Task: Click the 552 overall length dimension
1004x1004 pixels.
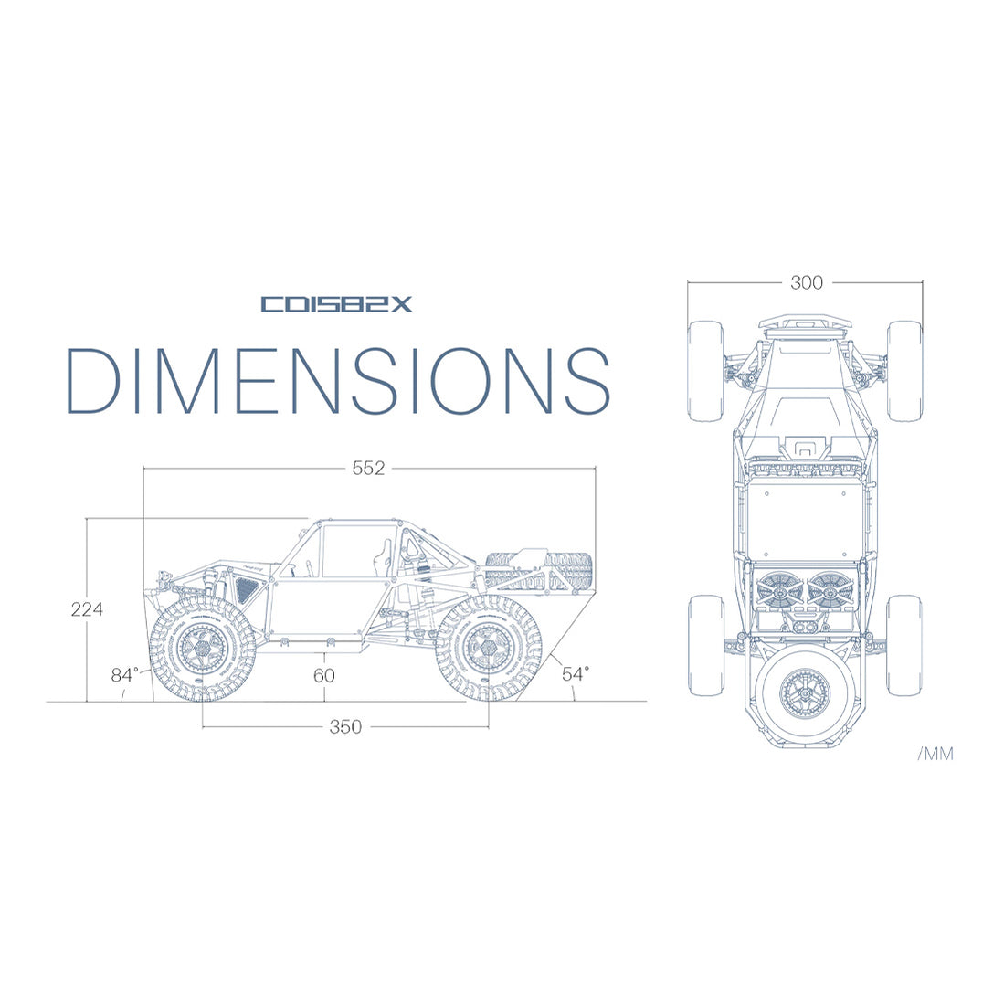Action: (x=368, y=469)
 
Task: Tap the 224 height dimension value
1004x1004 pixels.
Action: (x=87, y=608)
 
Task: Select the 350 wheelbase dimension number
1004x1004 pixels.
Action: (x=345, y=727)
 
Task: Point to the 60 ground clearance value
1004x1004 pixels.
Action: (x=323, y=675)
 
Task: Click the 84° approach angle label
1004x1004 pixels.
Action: (x=125, y=675)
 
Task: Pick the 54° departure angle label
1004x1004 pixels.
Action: (x=575, y=674)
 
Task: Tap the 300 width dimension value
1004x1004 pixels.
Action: (x=806, y=283)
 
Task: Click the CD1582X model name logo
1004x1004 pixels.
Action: (x=336, y=304)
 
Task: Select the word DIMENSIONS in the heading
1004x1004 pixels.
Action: (x=337, y=381)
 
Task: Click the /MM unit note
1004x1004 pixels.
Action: (x=935, y=754)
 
